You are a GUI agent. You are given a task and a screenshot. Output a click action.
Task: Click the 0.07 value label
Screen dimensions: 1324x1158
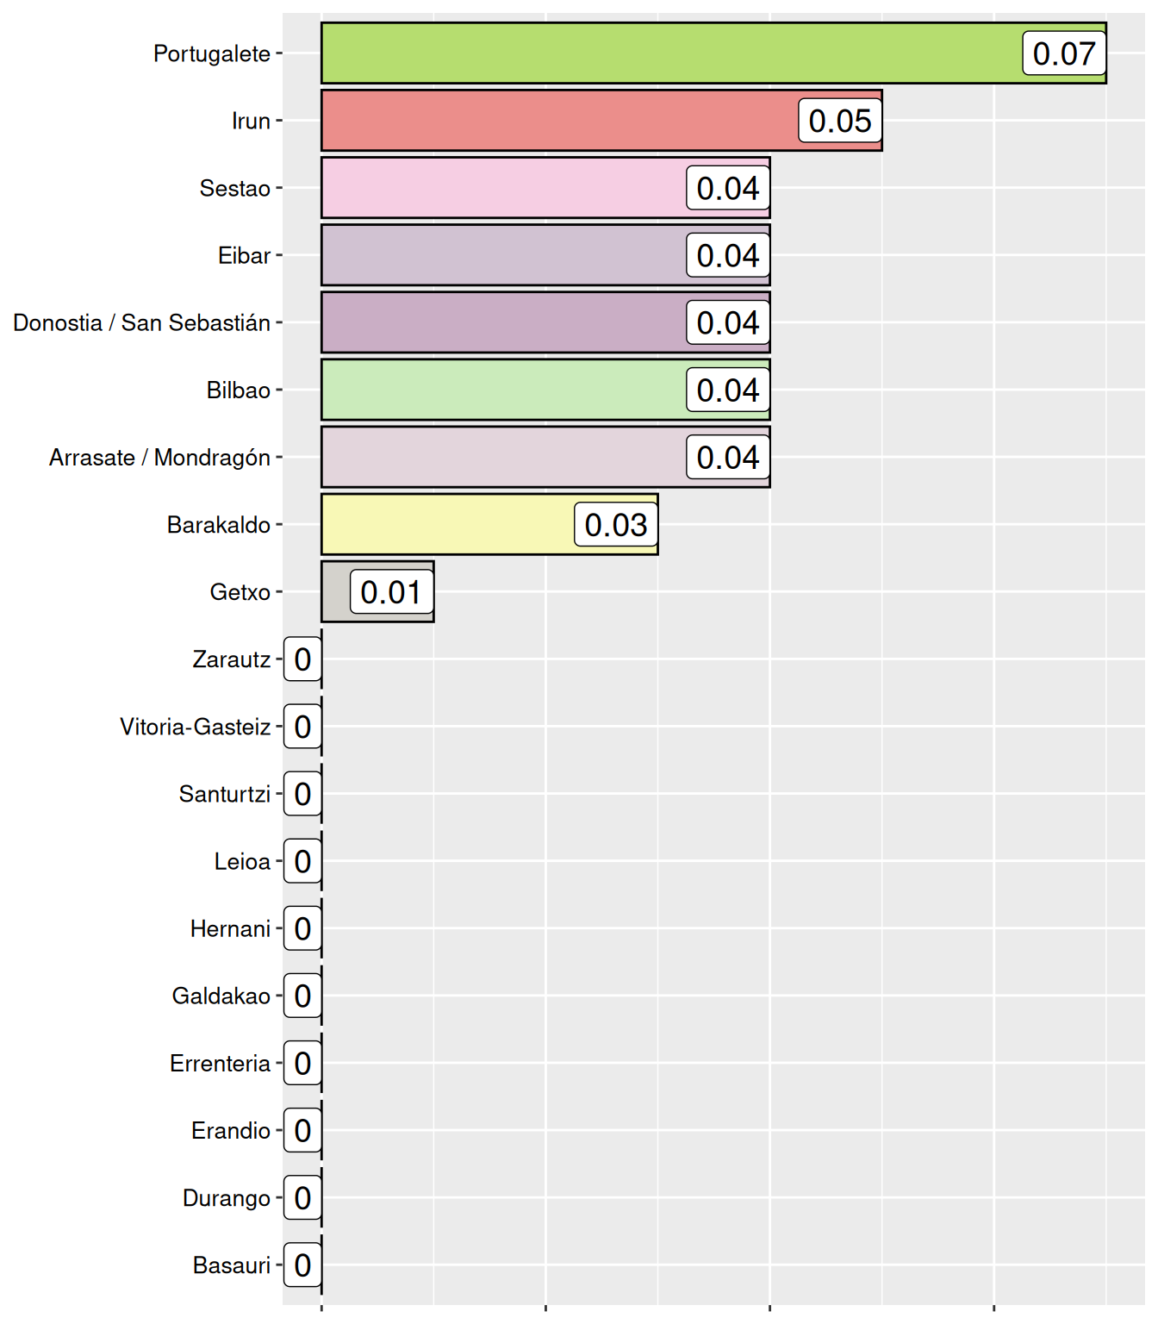(1064, 53)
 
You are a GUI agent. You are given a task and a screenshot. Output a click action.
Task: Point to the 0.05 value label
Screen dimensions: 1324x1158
(840, 121)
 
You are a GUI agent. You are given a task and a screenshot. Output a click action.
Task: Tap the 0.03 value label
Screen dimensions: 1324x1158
(616, 524)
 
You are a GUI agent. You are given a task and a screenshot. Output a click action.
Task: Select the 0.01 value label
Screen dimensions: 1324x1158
(391, 591)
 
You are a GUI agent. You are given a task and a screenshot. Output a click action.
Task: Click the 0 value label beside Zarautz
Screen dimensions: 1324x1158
(302, 659)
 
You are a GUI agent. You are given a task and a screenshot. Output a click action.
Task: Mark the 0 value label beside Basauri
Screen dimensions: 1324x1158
(302, 1265)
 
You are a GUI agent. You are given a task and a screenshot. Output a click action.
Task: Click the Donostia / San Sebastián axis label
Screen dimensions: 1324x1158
(142, 322)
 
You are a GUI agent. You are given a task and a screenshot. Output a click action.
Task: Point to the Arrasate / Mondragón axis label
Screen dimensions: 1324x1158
(160, 457)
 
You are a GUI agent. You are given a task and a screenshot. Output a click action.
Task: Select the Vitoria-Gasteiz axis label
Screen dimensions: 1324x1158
(196, 727)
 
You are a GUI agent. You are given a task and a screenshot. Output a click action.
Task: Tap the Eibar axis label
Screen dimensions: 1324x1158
(245, 255)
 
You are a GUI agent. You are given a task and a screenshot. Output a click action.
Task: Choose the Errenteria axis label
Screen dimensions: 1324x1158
(221, 1063)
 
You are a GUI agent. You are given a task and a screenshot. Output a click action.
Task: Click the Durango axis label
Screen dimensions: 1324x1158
(227, 1197)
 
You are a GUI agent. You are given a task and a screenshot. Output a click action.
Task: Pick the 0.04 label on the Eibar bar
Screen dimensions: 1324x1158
(728, 255)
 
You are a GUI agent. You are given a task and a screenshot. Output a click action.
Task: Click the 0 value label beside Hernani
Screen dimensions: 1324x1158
(302, 928)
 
